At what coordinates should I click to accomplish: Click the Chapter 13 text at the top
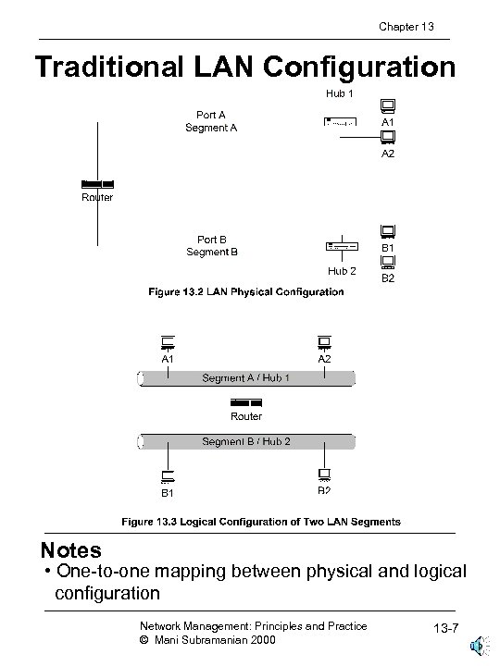click(406, 26)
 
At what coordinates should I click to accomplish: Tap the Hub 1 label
click(340, 93)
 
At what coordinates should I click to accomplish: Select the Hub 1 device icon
click(340, 122)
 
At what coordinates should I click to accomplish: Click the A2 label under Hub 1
click(388, 154)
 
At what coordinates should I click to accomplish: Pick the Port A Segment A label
click(211, 121)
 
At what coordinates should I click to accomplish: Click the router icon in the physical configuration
click(97, 184)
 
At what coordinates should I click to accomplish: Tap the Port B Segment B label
click(212, 245)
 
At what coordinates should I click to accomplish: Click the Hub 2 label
click(342, 271)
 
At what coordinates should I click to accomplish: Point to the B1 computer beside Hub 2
click(387, 231)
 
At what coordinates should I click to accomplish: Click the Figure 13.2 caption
click(246, 292)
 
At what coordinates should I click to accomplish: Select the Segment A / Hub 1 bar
click(246, 378)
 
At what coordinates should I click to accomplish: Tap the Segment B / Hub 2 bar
click(246, 441)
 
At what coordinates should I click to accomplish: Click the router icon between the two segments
click(246, 402)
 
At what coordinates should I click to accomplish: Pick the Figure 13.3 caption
click(262, 522)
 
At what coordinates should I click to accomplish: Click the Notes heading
click(70, 550)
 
